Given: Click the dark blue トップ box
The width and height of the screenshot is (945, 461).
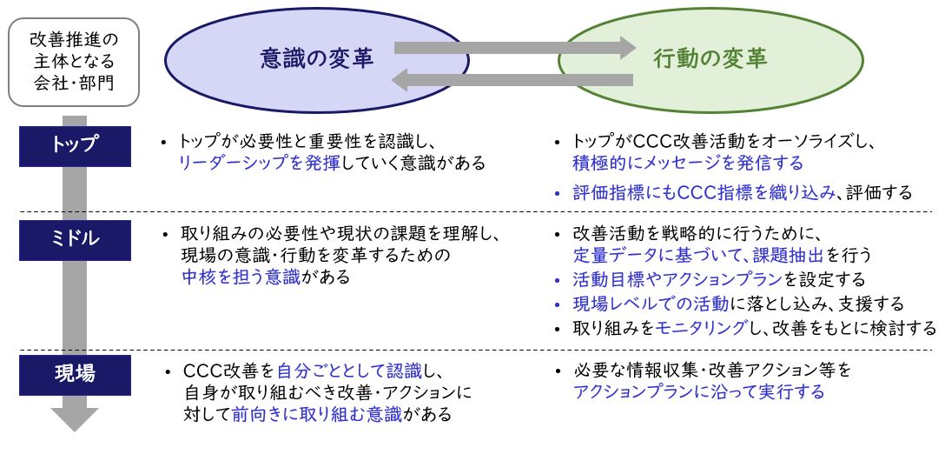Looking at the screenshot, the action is (x=75, y=146).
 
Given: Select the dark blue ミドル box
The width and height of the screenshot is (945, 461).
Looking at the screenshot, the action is (x=75, y=240).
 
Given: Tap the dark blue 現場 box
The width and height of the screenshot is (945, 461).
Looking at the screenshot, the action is (x=75, y=375).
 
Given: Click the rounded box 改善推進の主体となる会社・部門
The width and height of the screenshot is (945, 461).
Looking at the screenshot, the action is (x=74, y=62).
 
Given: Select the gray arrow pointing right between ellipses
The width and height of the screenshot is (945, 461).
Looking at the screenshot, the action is (x=515, y=48).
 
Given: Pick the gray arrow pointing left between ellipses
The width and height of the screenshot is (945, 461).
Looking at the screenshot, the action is (x=512, y=80).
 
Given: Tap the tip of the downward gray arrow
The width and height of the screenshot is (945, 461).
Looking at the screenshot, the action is (x=74, y=431).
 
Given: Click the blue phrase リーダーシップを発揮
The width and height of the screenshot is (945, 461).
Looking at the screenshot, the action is (x=260, y=163).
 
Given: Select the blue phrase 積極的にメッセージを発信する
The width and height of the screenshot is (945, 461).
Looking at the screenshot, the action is (x=688, y=163).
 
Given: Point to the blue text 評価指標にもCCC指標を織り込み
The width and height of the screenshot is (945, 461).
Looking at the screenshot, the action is (x=704, y=192).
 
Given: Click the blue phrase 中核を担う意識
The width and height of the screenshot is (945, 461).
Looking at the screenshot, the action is (x=241, y=277).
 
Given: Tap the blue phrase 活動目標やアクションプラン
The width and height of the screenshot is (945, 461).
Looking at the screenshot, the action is (x=677, y=279).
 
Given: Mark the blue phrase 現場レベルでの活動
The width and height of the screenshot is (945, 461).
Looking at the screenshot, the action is (x=651, y=304).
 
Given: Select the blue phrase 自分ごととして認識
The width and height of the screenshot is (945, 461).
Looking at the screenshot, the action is (x=349, y=370).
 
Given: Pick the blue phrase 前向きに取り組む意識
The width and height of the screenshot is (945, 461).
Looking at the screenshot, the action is (x=317, y=415).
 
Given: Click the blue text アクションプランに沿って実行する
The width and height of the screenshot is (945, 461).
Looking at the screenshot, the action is (x=698, y=392).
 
